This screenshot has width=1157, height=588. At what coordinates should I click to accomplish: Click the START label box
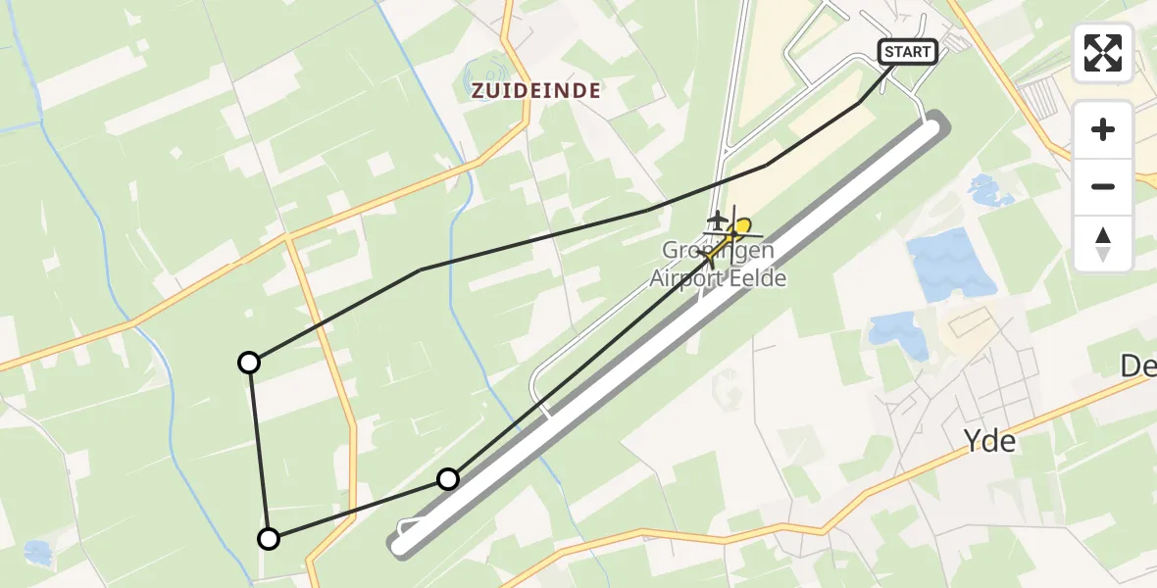click(907, 52)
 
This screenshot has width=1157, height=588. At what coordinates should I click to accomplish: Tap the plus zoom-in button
click(1103, 129)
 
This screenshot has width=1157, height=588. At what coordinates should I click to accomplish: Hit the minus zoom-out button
click(1103, 186)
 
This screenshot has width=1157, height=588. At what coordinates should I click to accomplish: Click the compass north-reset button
click(1103, 243)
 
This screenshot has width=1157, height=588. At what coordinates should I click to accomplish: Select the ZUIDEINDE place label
click(536, 91)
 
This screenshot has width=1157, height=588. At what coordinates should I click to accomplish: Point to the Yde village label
click(991, 442)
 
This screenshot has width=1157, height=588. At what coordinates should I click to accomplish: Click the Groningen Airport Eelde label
click(718, 265)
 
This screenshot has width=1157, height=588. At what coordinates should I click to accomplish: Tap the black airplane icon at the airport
click(718, 218)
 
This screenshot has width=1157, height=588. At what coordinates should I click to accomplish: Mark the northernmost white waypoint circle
click(250, 363)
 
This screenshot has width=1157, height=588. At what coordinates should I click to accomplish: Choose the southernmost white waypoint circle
click(268, 538)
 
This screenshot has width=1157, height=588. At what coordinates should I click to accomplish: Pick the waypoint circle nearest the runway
click(448, 479)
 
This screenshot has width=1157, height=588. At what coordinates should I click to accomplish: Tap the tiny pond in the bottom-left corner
click(37, 552)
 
